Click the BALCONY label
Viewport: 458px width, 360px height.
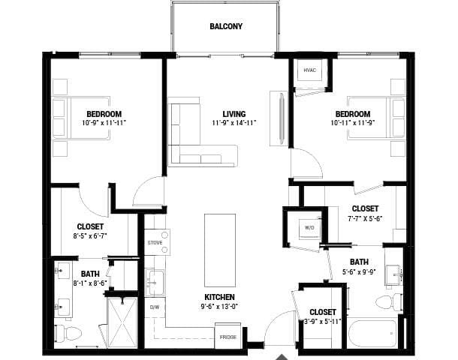[225, 26]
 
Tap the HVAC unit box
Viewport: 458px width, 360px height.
[309, 70]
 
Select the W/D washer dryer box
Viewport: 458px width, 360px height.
[308, 226]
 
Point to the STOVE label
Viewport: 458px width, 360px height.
[155, 242]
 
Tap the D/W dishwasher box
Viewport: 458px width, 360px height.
[155, 307]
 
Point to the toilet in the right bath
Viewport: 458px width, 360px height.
[387, 302]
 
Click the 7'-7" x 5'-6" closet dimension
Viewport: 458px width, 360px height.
[365, 218]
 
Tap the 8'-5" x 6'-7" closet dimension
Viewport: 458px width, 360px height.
[90, 236]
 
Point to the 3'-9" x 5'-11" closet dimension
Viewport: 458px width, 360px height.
[321, 321]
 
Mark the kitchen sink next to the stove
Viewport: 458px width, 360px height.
[155, 282]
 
